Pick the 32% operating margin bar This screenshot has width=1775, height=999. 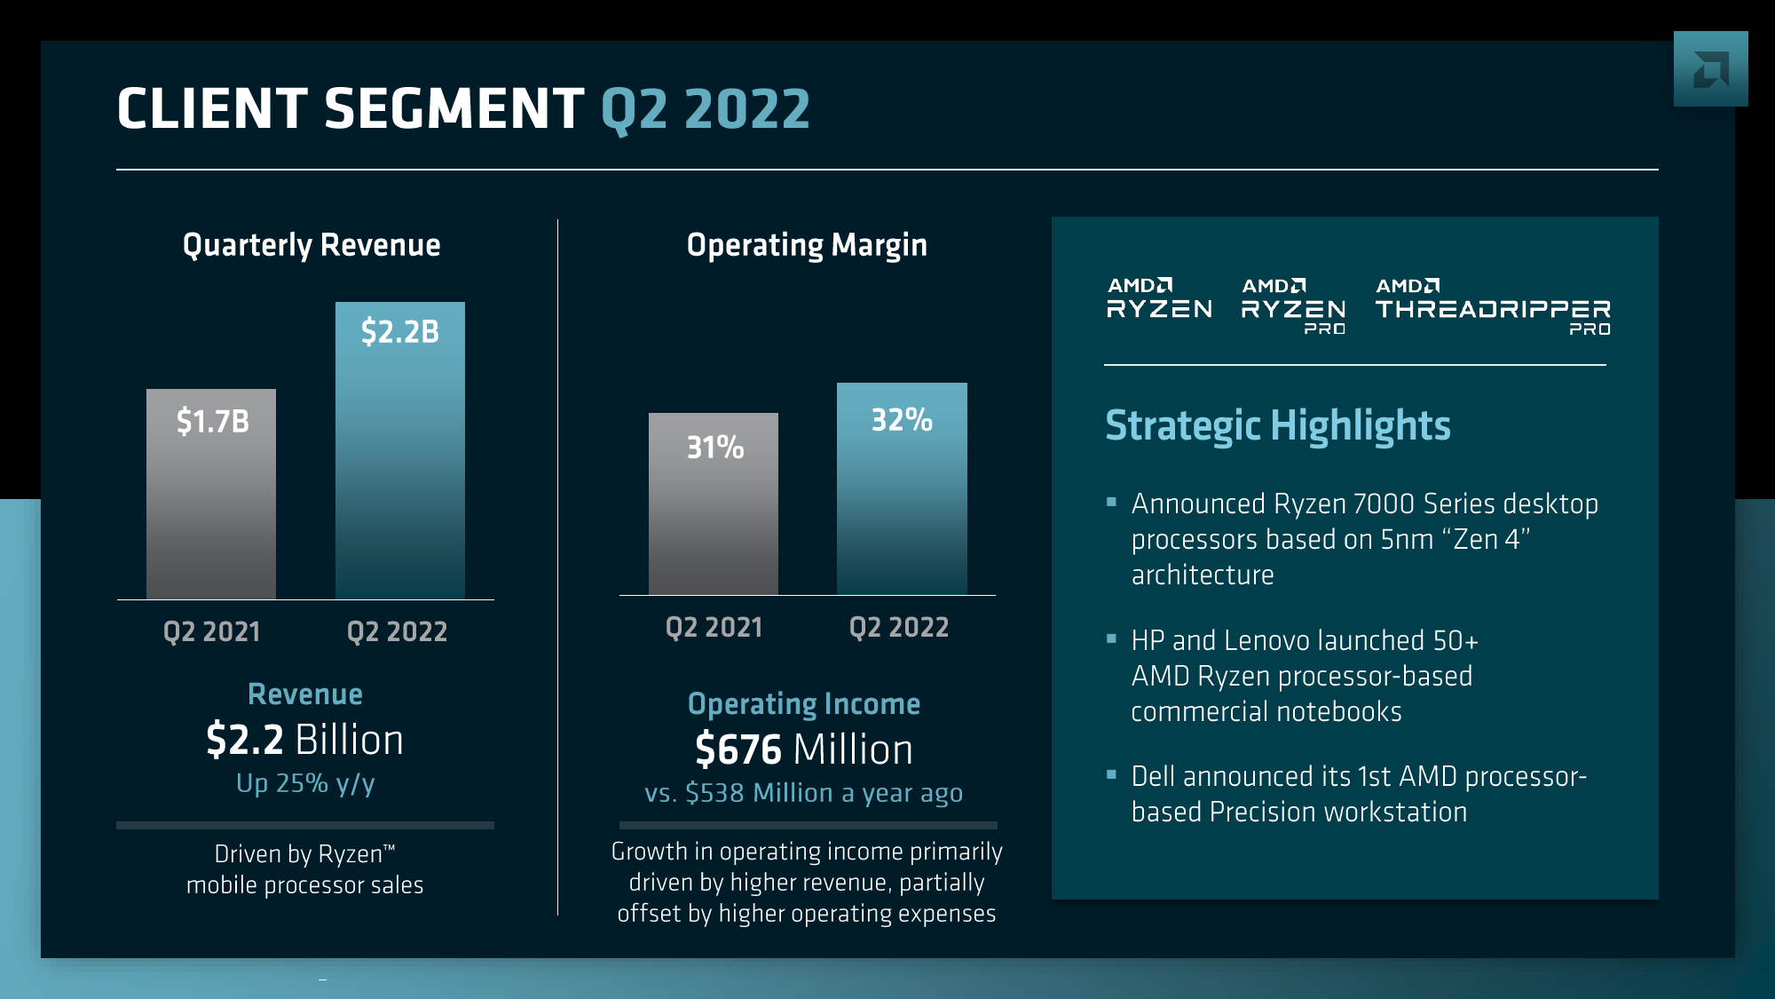tap(902, 488)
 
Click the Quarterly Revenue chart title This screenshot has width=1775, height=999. tap(312, 245)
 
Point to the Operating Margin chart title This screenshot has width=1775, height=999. tap(807, 245)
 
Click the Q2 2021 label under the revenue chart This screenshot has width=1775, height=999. tap(212, 631)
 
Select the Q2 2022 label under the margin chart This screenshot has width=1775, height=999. tap(899, 627)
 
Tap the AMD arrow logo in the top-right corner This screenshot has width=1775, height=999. tap(1710, 69)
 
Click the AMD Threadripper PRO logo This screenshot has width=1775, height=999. tap(1493, 307)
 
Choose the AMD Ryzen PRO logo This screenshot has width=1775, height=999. tap(1293, 307)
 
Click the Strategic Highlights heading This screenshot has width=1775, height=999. tap(1278, 425)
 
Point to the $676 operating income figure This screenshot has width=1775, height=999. tap(738, 749)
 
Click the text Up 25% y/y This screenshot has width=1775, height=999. tap(305, 783)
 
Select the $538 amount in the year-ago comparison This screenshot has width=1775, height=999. tap(715, 793)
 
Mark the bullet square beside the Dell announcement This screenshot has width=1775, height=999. tap(1111, 774)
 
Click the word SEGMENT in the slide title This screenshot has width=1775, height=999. tap(454, 109)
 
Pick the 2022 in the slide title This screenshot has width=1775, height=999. tap(747, 109)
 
